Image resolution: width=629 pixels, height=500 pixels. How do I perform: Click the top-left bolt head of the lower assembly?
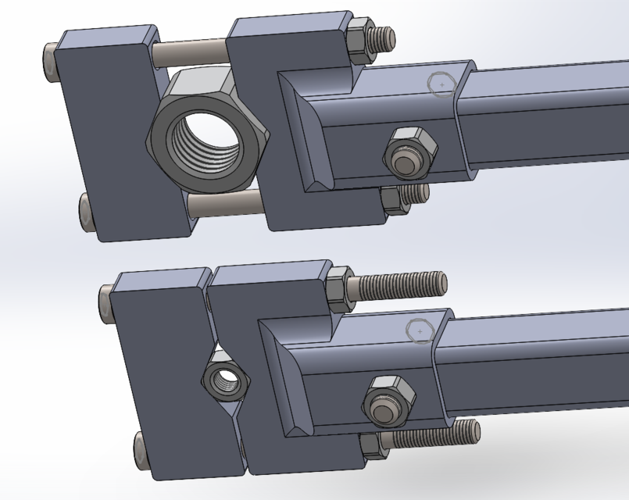pyautogui.click(x=108, y=302)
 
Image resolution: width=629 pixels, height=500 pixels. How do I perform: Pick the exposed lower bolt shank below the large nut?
pyautogui.click(x=223, y=205)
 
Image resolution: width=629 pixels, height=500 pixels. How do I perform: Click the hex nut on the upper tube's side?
pyautogui.click(x=408, y=153)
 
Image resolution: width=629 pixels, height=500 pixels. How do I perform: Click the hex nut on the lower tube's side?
pyautogui.click(x=385, y=402)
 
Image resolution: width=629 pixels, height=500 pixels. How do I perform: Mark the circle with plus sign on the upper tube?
pyautogui.click(x=442, y=84)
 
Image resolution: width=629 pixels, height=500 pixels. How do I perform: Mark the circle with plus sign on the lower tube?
pyautogui.click(x=420, y=331)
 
